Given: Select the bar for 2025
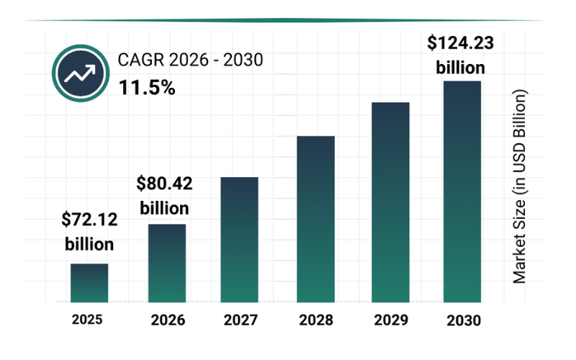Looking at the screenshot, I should pyautogui.click(x=89, y=283).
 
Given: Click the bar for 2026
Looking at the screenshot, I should pyautogui.click(x=167, y=263).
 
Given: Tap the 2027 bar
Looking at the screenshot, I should pyautogui.click(x=239, y=239).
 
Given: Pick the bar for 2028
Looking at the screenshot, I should pyautogui.click(x=316, y=219).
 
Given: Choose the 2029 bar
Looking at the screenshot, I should pyautogui.click(x=390, y=202).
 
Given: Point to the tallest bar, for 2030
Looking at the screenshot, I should pyautogui.click(x=462, y=192).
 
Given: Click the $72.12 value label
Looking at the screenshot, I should pyautogui.click(x=89, y=220).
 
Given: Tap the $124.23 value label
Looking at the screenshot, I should pyautogui.click(x=461, y=44).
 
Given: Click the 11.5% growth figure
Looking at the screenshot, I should pyautogui.click(x=147, y=88).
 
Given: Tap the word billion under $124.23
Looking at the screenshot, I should pyautogui.click(x=461, y=67).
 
